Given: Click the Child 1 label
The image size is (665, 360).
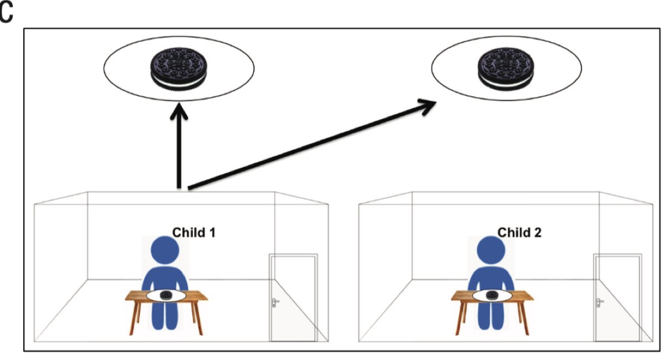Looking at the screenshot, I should (194, 232).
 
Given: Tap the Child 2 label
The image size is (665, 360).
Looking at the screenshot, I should (519, 232).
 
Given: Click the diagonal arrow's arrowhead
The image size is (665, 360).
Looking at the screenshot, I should (431, 106).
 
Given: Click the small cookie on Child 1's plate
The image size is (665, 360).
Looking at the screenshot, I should (165, 295).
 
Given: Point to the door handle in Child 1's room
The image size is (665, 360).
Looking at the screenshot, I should (275, 302).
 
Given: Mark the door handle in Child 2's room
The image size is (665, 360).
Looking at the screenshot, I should (600, 302).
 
